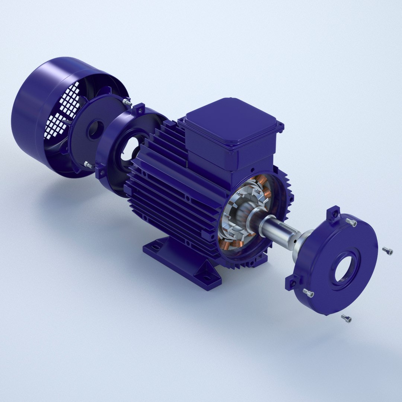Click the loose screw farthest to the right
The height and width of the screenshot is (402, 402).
click(x=388, y=252)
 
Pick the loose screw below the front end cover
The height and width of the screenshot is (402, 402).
click(x=347, y=319)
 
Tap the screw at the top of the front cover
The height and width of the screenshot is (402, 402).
click(x=351, y=223)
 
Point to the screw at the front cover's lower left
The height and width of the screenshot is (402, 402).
click(x=308, y=293)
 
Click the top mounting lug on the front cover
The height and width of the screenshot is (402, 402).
click(x=333, y=213)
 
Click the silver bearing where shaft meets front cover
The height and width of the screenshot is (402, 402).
click(x=300, y=244)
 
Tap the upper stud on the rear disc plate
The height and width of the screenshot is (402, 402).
click(x=128, y=102)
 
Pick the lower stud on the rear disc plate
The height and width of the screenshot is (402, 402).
click(x=88, y=164)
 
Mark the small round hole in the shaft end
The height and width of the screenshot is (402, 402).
click(x=296, y=241)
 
